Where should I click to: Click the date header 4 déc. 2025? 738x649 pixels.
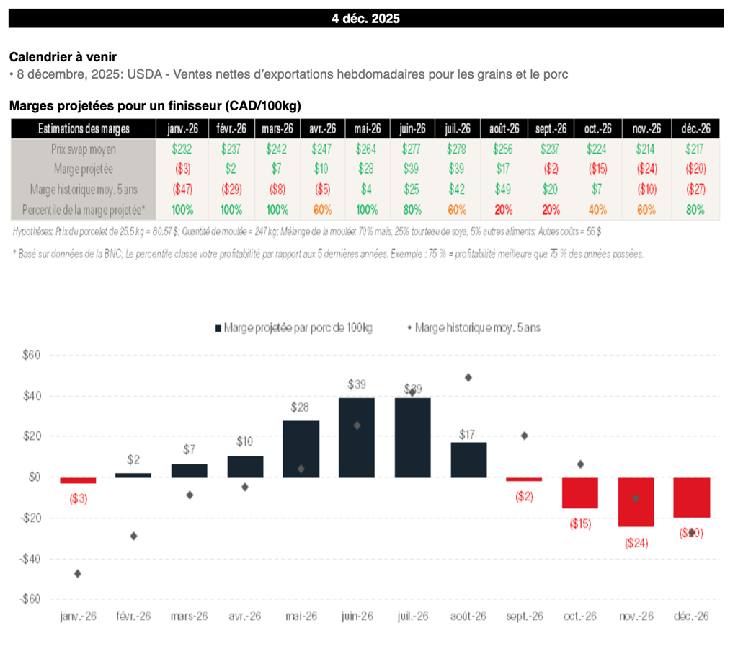tap(366, 19)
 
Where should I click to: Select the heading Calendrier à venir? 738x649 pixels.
tap(63, 57)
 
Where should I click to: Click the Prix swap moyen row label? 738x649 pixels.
tap(84, 149)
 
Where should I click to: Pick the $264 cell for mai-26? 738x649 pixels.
tap(368, 149)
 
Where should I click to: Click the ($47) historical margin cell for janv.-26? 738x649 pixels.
tap(182, 190)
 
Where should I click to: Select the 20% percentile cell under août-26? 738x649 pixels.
tap(504, 210)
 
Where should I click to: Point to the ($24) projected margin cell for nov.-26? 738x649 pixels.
tap(646, 169)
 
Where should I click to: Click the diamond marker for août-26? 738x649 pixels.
tap(468, 377)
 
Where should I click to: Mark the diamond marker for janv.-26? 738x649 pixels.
tap(77, 573)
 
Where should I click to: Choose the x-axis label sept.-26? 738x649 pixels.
tap(525, 617)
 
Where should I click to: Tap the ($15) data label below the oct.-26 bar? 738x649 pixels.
tap(580, 524)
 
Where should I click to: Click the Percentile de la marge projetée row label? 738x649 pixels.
tap(84, 210)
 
